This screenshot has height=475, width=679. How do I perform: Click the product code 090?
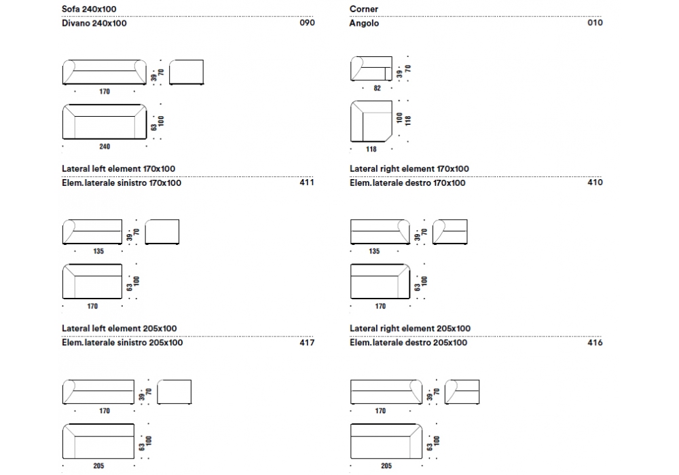[307, 23]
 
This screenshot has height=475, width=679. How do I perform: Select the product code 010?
[595, 23]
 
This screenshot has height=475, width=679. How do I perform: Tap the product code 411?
[307, 183]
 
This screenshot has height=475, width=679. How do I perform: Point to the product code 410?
[595, 183]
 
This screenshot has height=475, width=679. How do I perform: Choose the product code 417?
[307, 343]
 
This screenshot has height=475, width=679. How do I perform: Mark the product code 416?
[595, 343]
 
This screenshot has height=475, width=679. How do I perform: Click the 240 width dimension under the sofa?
[104, 147]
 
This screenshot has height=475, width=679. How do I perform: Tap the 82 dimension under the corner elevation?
[378, 88]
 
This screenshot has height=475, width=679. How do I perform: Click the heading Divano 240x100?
[94, 23]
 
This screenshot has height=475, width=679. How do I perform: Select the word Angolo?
[365, 23]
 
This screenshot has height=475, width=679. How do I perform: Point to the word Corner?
[364, 9]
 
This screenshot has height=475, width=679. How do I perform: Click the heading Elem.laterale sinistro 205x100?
[122, 343]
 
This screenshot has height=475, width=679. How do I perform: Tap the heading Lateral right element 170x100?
[409, 168]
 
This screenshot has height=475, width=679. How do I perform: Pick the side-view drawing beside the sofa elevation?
[186, 73]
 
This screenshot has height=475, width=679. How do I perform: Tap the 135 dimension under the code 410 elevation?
[374, 251]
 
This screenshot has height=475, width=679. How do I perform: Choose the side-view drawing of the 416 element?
[462, 392]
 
